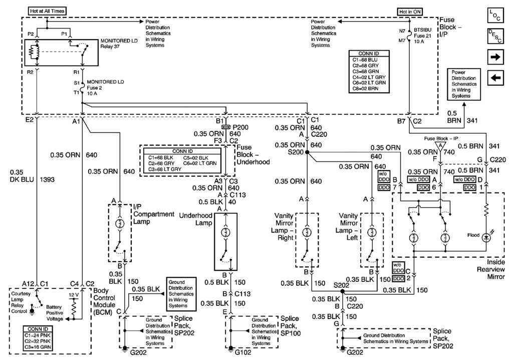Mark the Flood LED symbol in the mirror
[x=485, y=238]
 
